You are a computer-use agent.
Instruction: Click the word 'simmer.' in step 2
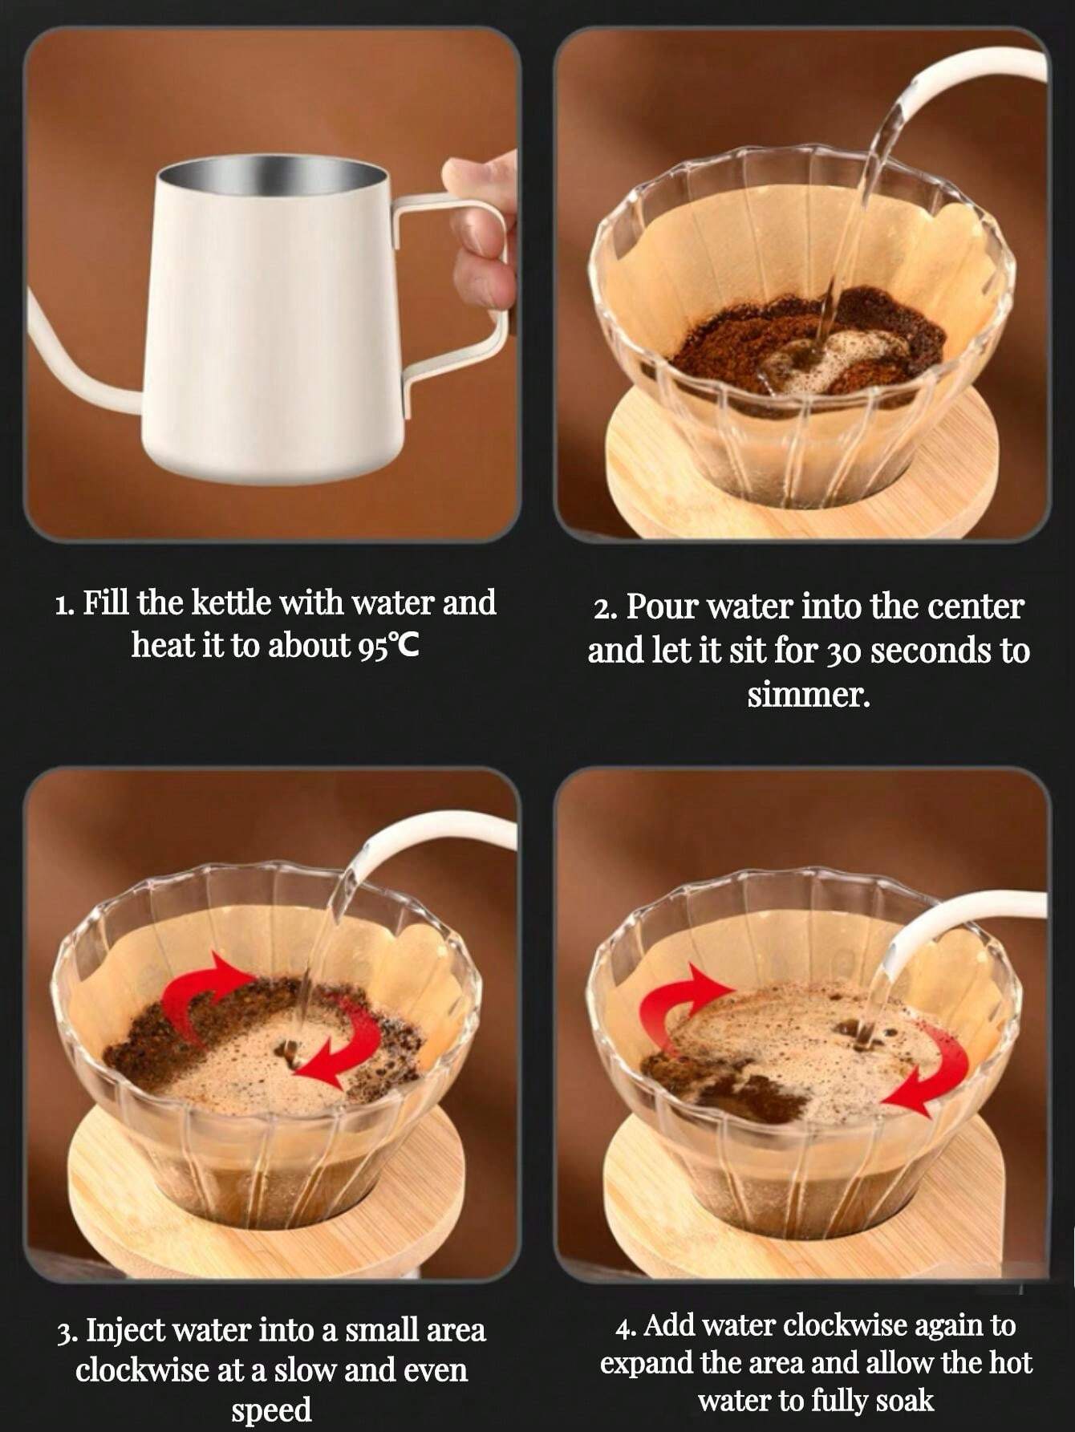pos(809,695)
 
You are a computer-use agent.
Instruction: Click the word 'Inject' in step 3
pos(124,1330)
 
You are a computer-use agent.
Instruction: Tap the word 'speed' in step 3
pos(271,1410)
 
